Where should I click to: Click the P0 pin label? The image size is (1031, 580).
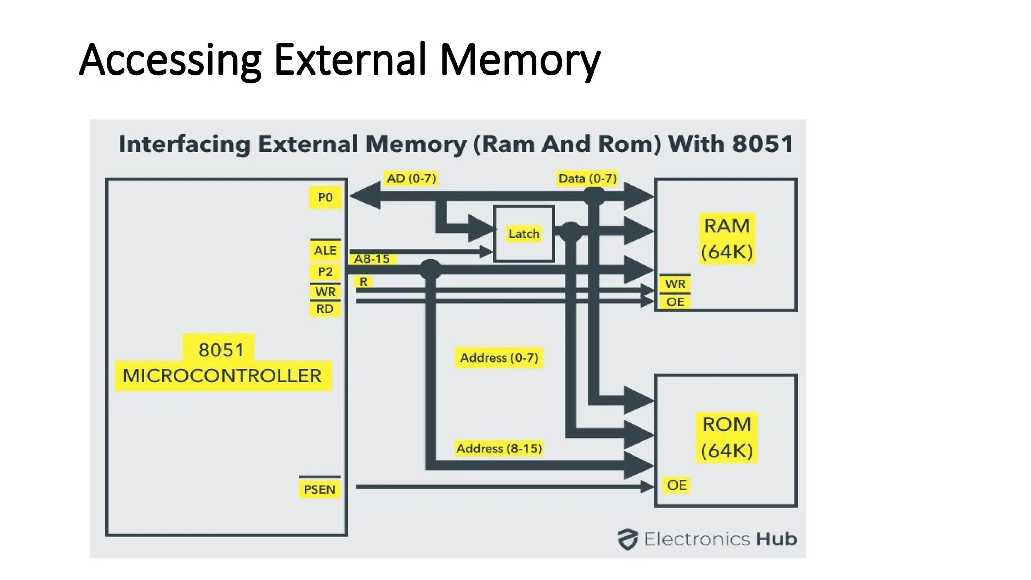pos(325,197)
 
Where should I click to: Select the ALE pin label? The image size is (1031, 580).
pos(325,250)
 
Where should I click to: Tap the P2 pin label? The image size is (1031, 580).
pos(325,272)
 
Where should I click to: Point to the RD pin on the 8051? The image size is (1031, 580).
pos(325,309)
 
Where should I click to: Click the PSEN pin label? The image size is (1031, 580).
pos(319,489)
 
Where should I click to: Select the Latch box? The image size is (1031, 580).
pos(524,234)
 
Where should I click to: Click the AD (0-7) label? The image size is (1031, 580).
pos(411,178)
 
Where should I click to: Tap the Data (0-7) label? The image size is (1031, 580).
pos(587,178)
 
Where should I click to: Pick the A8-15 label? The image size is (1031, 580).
pos(372,259)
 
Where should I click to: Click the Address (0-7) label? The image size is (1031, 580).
pos(499,358)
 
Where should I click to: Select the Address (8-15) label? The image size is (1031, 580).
pos(499,448)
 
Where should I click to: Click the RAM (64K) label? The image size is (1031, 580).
pos(726,239)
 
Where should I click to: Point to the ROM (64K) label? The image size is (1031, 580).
pos(726,438)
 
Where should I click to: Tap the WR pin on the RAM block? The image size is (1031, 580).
pos(675,284)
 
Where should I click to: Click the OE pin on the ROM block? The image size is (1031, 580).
pos(676,485)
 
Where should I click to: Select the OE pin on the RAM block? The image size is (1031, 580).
pos(675,302)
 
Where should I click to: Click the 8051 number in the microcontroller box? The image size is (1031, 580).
pos(220,350)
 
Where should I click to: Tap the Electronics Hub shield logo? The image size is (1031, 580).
pos(628,539)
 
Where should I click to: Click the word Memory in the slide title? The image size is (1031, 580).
pos(520,60)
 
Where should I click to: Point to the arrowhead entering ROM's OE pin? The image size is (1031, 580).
pos(647,487)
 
